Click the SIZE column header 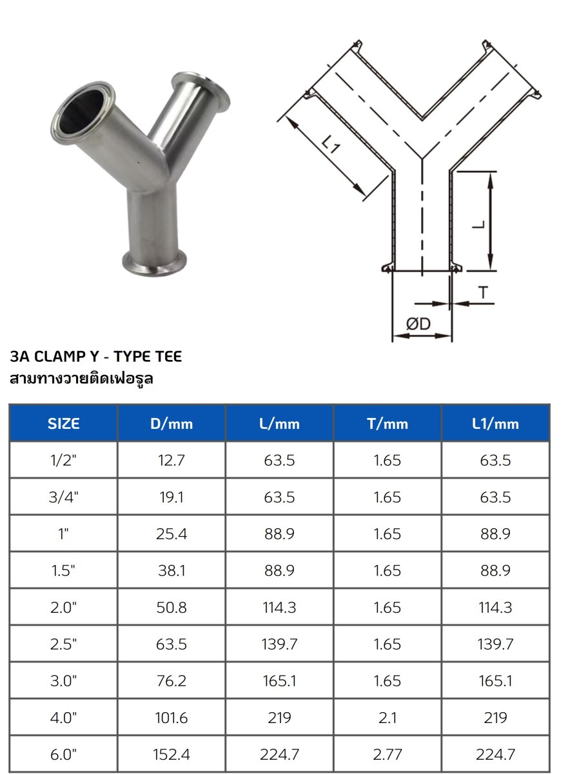[64, 424]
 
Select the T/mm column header [388, 424]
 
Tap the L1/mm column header [495, 424]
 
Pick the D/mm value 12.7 [172, 461]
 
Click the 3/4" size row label [64, 497]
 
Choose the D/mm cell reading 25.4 [172, 534]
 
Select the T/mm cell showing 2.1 [388, 718]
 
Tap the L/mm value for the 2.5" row [279, 644]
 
